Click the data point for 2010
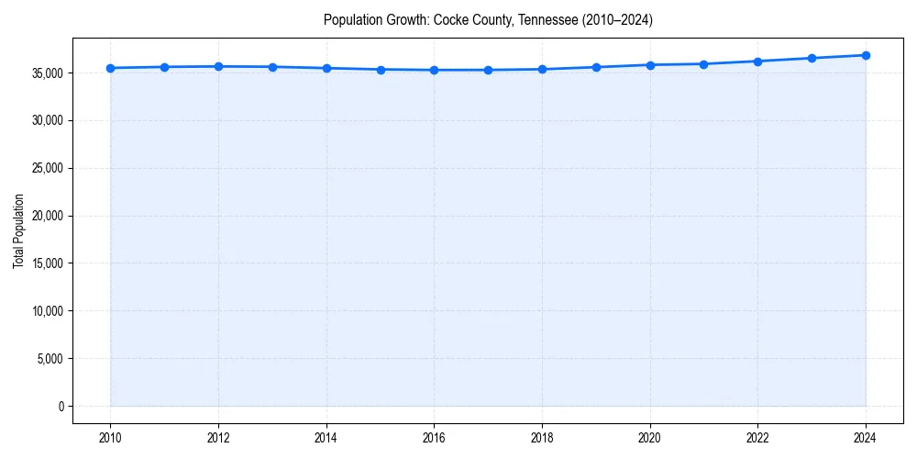pos(110,68)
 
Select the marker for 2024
pos(866,55)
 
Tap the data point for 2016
pos(434,70)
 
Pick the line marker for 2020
pos(650,65)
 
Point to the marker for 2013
pos(272,67)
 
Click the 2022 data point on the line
pos(757,62)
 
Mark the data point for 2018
pos(542,69)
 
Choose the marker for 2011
pos(164,67)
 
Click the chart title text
pos(488,19)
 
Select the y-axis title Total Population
pos(18,230)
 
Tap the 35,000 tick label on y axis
pos(48,73)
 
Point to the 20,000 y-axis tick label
pos(48,216)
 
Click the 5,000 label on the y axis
pos(50,359)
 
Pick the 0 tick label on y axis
pos(61,407)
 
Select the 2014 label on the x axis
pos(326,438)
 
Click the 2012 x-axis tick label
pos(218,438)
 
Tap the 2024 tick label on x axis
pos(866,438)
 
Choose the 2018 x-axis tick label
pos(542,438)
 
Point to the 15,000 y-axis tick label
pos(48,263)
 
